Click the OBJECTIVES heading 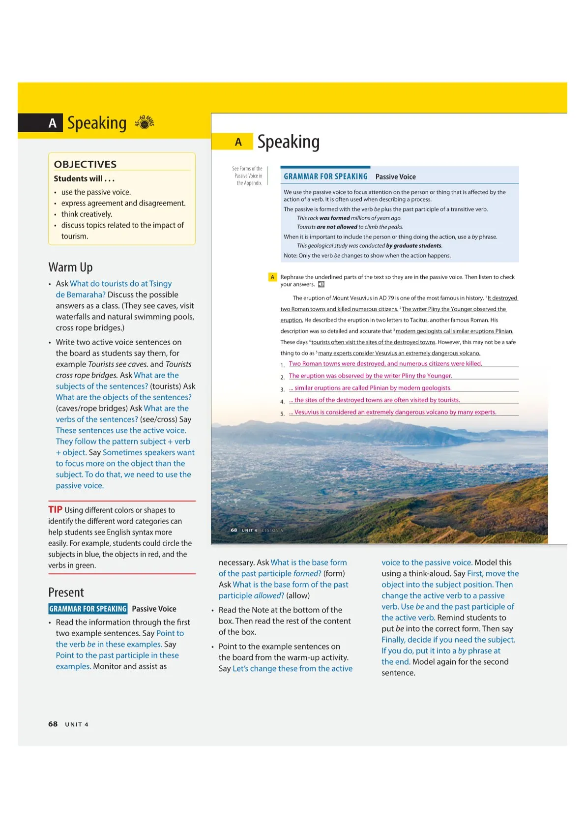[x=85, y=164]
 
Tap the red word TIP [x=55, y=509]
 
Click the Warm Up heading [x=70, y=267]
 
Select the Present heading [x=66, y=592]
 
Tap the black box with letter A [x=53, y=123]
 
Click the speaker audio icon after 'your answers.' [x=321, y=284]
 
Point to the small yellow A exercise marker [x=272, y=277]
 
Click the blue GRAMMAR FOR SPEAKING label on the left [x=88, y=609]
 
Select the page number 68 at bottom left [x=53, y=724]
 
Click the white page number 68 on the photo [x=234, y=530]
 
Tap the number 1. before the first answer [x=283, y=365]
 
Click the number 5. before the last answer [x=283, y=414]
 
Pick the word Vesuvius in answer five [x=306, y=412]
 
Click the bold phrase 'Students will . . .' [x=84, y=178]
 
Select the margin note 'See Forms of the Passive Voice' [x=248, y=176]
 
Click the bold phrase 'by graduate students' [x=414, y=246]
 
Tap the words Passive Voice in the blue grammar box [x=395, y=177]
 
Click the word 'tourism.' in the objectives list [x=75, y=236]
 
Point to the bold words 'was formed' [x=334, y=218]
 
